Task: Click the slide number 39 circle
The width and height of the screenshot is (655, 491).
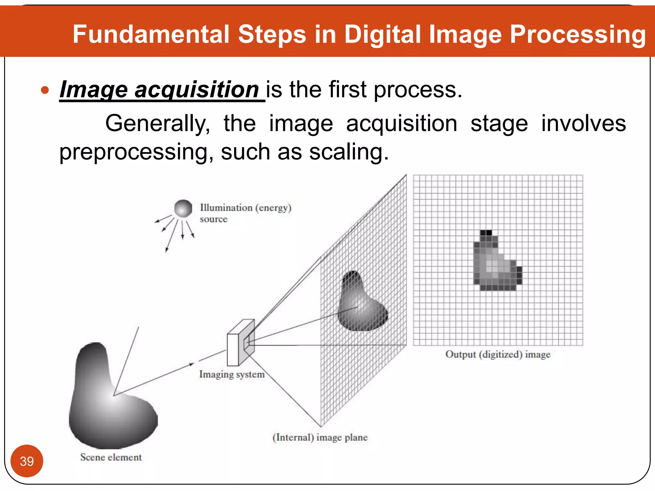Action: pos(27,461)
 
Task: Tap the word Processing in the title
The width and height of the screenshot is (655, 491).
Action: pos(578,34)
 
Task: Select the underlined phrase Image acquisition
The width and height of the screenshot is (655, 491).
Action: pos(159,90)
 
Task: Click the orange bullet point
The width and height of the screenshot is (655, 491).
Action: pos(45,90)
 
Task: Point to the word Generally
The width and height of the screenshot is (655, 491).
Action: pos(157,124)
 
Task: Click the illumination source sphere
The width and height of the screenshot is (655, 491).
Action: pos(183,208)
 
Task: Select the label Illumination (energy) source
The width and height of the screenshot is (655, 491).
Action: pos(245,213)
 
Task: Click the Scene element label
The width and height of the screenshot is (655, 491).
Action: pos(111,457)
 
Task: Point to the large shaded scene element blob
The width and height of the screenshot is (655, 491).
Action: pos(109,403)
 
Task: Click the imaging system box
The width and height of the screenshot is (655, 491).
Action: pos(241,343)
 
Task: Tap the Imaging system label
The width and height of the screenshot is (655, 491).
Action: pos(232,374)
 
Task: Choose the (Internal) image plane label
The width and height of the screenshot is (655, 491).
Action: pos(320,437)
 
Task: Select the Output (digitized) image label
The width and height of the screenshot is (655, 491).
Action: pos(498,354)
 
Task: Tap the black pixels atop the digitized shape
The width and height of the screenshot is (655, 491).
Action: pos(486,232)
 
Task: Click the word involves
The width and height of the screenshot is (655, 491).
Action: pos(583,124)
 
